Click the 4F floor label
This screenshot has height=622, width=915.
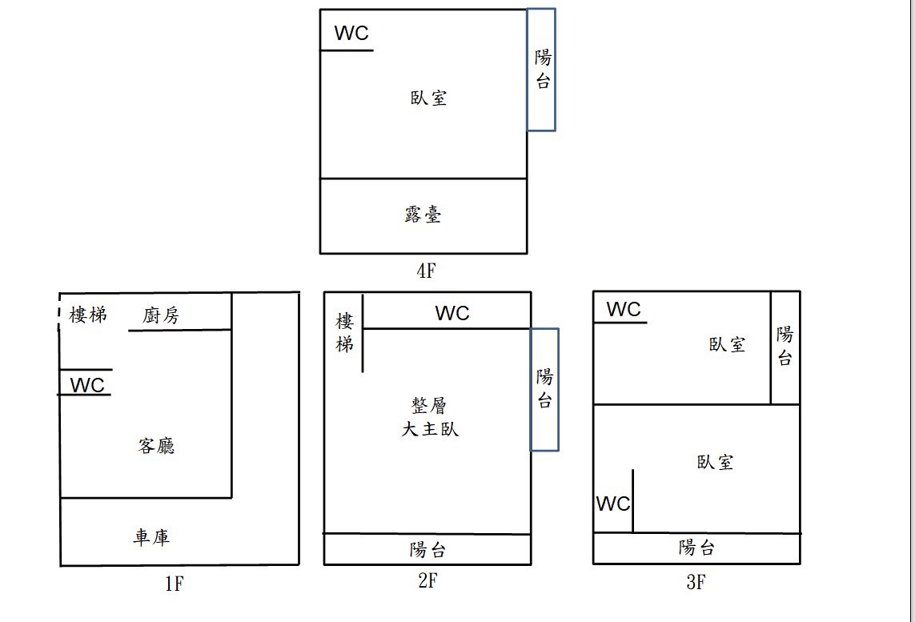[x=426, y=271]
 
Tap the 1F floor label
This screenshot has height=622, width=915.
[x=175, y=584]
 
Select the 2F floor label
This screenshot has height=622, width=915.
[x=427, y=581]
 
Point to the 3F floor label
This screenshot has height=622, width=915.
[x=696, y=582]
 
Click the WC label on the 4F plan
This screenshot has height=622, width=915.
[x=351, y=33]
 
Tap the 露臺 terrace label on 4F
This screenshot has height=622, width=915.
[x=423, y=215]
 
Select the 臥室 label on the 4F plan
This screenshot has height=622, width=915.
[x=428, y=98]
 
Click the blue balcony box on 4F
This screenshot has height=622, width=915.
[x=541, y=70]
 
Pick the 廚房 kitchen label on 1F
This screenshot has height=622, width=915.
[x=161, y=315]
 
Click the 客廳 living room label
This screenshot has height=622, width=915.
[x=157, y=446]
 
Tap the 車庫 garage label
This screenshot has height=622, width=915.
[x=151, y=536]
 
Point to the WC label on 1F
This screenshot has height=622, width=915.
[x=87, y=385]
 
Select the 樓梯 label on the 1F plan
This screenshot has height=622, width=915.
[x=88, y=315]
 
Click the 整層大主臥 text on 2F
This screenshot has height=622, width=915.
[x=430, y=417]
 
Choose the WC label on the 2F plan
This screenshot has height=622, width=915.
[x=452, y=314]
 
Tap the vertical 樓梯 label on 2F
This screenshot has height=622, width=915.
[x=344, y=333]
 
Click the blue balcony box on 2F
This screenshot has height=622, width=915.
[x=544, y=389]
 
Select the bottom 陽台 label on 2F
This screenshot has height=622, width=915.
[x=427, y=550]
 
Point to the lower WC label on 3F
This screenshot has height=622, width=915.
[x=613, y=504]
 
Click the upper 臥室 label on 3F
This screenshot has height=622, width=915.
[x=727, y=344]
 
